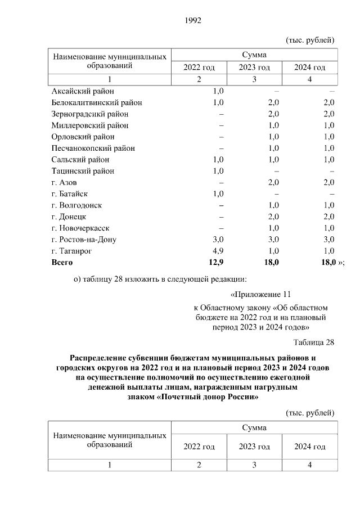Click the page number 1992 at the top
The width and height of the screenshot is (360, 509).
[x=192, y=21]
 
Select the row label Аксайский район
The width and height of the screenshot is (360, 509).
[x=82, y=91]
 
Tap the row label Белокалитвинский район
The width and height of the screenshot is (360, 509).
[x=96, y=102]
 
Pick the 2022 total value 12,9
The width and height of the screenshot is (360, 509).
[x=215, y=263]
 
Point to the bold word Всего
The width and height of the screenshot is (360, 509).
[x=62, y=263]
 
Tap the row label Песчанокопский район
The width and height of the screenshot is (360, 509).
[x=93, y=148]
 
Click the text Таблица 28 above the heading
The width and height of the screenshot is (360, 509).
[x=314, y=343]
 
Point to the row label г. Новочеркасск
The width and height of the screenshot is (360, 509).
[x=80, y=228]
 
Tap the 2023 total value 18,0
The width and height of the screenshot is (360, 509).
[x=271, y=263]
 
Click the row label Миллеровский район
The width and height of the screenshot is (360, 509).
[x=89, y=125]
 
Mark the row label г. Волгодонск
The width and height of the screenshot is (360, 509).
[x=77, y=205]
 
